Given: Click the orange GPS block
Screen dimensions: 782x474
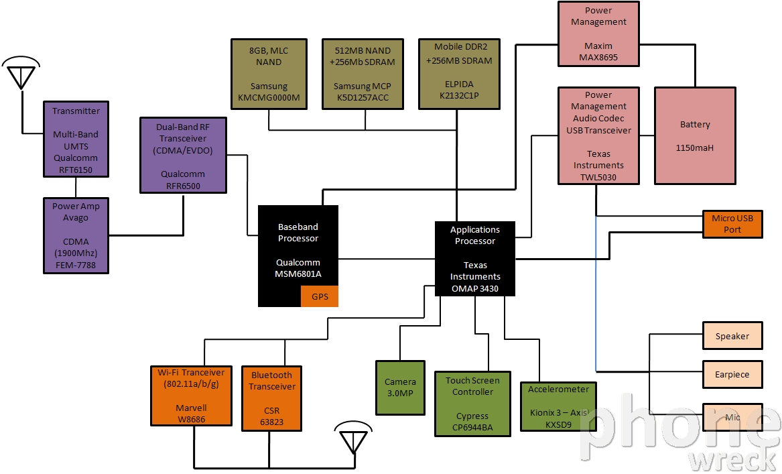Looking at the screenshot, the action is pos(320,296).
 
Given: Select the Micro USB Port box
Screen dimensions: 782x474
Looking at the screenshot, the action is pos(732,224).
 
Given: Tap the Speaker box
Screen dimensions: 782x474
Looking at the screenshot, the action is pos(732,336).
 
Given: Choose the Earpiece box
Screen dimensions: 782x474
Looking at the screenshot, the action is pos(732,374).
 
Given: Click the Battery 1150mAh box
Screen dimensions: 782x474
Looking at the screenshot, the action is pos(695,135).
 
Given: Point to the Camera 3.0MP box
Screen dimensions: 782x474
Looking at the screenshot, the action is pos(400,388).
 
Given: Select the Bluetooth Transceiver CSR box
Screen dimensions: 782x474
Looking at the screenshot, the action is pos(271,398).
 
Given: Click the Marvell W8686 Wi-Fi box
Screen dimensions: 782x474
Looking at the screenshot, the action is pos(191,396).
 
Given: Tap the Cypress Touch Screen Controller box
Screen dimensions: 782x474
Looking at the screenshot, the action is pos(472,404).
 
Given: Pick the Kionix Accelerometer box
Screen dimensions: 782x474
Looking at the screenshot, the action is pos(559,406).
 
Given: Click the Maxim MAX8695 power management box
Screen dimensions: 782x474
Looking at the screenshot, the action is pos(598,34).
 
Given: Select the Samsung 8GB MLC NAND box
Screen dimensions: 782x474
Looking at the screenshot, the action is pos(269,74).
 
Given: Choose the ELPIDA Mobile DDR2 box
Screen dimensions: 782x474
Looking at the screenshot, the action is pos(459,74).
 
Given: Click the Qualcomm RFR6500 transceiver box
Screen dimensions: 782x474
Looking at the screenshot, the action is pos(183,155).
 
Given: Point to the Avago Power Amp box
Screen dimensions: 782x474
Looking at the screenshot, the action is pos(76,235).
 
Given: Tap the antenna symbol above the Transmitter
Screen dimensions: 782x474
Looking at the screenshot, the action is pos(21,73).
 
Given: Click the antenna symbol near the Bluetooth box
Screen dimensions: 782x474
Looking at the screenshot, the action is pos(353,438).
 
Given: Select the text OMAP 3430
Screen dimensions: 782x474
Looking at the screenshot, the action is pos(475,288).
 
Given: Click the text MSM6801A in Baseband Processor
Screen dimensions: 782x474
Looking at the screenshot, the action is pos(298,274).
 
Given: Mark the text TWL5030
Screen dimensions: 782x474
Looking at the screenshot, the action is pos(598,177).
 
